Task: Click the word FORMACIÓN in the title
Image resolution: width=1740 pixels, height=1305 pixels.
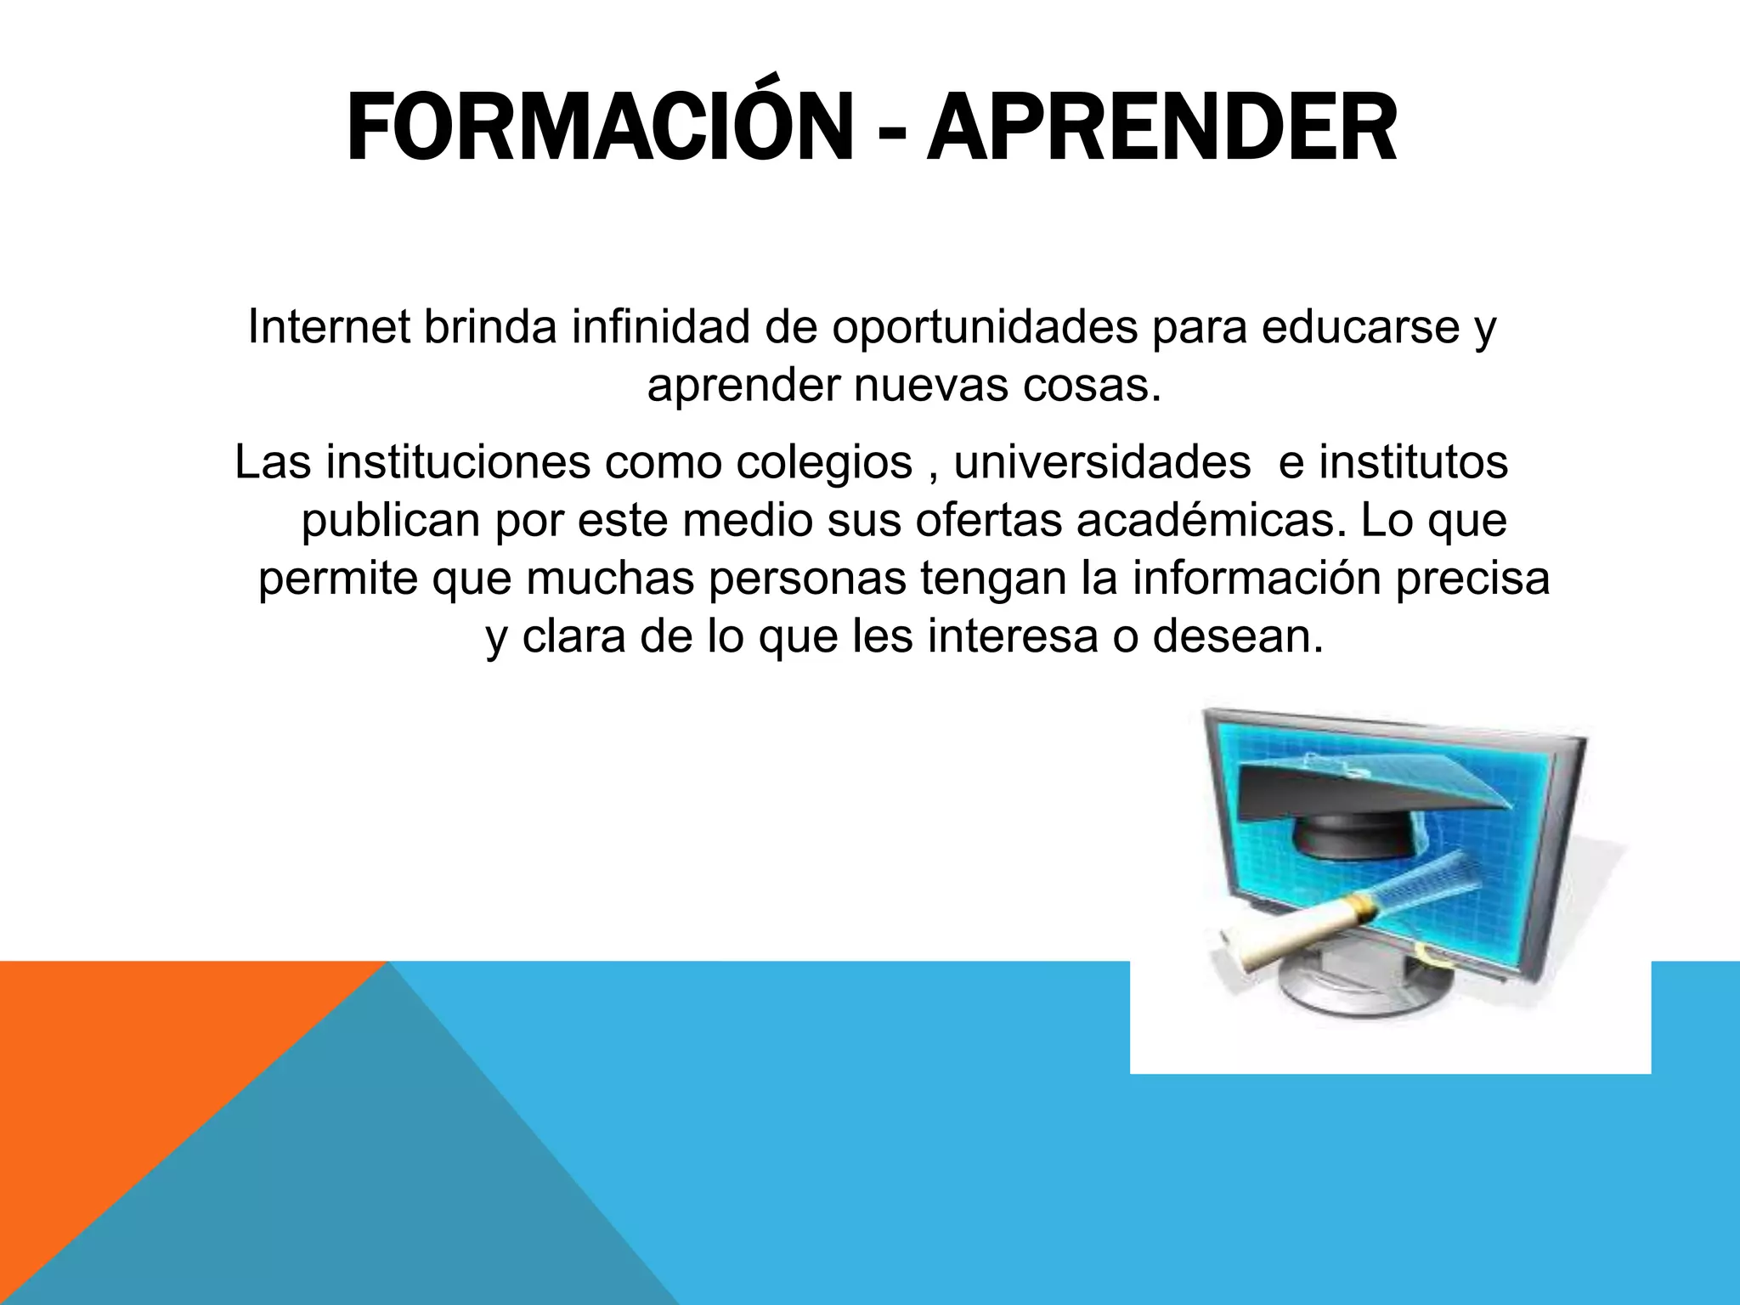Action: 600,129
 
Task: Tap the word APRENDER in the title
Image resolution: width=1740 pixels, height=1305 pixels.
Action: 1161,129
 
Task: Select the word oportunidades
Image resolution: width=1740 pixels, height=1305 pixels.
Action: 985,328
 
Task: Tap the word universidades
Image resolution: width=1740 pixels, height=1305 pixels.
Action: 1102,462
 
